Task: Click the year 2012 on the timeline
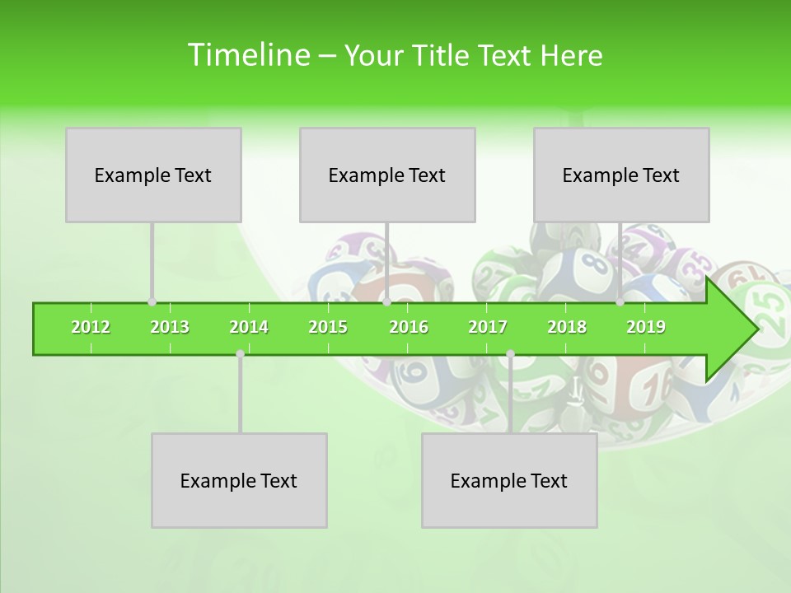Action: [91, 328]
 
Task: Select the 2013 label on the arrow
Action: [170, 328]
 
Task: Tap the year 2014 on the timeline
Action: [249, 328]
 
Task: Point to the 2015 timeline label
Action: [328, 328]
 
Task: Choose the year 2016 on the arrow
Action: [409, 328]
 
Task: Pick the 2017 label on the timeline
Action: [488, 328]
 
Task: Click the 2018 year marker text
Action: [567, 328]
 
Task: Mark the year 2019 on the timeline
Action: [646, 328]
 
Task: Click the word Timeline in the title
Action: [247, 55]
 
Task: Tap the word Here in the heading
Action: [571, 56]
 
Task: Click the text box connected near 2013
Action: [153, 175]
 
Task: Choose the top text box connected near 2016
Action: [387, 175]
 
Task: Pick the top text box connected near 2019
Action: [621, 175]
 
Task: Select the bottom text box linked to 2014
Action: [239, 480]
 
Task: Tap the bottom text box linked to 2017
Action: [509, 480]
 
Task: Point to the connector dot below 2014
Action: [240, 354]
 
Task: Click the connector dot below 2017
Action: [510, 354]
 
